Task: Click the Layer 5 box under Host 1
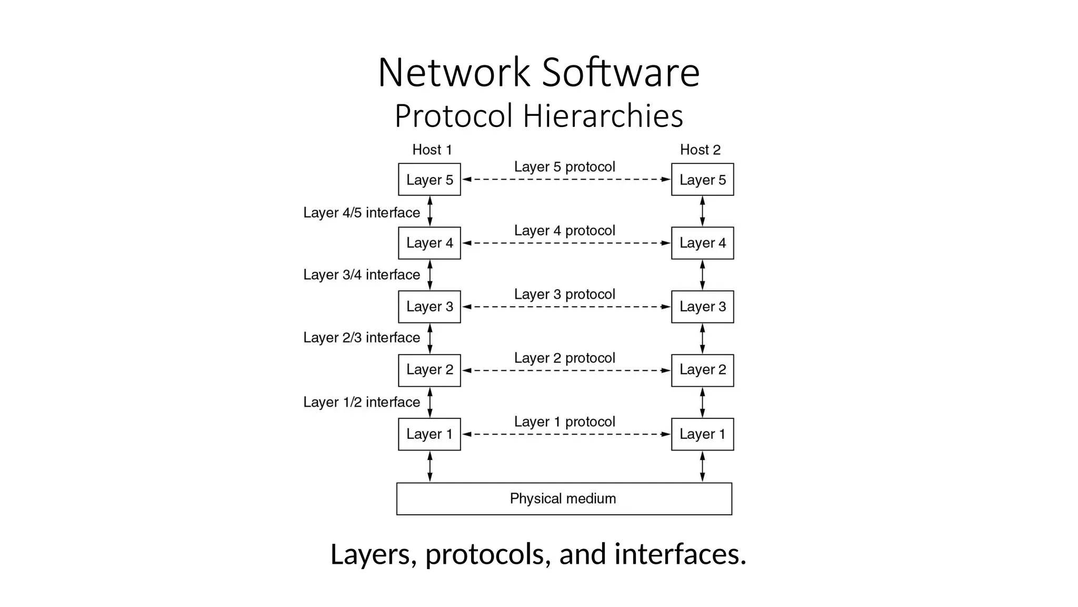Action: point(429,180)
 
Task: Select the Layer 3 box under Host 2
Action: point(702,307)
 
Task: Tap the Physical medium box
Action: point(564,498)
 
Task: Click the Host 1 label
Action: point(432,150)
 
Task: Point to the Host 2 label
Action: point(700,150)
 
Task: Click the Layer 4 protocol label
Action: point(564,230)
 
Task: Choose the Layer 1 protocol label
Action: point(564,422)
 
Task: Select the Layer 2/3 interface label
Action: point(362,338)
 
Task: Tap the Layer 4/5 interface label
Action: point(362,212)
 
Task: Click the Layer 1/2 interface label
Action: point(362,402)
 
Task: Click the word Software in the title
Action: point(621,73)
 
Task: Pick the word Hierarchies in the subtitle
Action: point(603,116)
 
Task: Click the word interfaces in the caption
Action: point(680,554)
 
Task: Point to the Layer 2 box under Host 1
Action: point(429,370)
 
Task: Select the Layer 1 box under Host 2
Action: point(702,434)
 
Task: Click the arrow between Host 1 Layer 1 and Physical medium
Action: point(430,466)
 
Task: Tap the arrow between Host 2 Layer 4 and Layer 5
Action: point(702,211)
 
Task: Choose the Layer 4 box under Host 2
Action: point(702,243)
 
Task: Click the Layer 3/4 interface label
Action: point(362,275)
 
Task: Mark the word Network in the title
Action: point(454,73)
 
